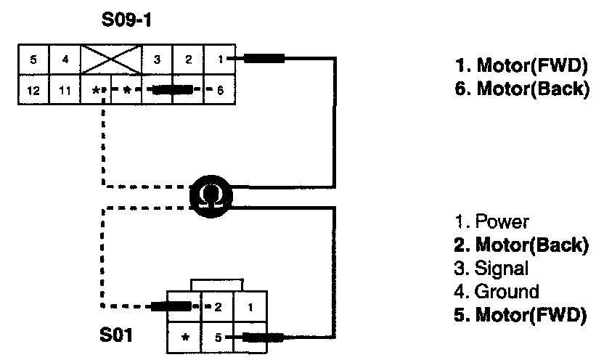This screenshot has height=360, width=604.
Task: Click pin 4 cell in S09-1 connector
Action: click(x=65, y=60)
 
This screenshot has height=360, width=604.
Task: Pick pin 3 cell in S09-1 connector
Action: click(x=158, y=60)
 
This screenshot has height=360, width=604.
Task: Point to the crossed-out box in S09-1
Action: click(x=111, y=60)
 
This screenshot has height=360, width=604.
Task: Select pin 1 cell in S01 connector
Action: click(x=250, y=307)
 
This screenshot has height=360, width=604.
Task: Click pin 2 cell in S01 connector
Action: click(x=216, y=307)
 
